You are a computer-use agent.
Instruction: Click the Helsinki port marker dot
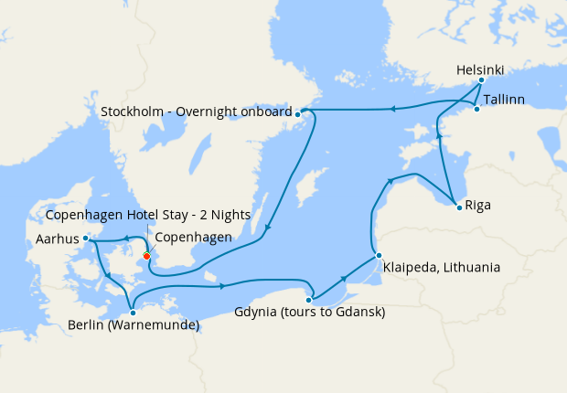coord(481,80)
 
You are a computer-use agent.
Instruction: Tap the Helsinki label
coord(480,69)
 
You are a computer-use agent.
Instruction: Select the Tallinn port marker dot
coord(476,110)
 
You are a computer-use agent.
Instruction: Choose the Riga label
coord(477,205)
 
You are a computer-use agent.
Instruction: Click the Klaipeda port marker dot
coord(378,255)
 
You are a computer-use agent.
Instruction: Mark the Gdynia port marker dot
coord(310,299)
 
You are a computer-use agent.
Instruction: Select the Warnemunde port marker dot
coord(133,312)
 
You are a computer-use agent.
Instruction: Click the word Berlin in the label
coord(88,324)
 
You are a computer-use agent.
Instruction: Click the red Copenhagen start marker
coord(146,255)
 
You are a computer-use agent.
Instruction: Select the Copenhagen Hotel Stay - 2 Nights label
coord(135,215)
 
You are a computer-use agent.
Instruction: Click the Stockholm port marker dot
coord(298,113)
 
